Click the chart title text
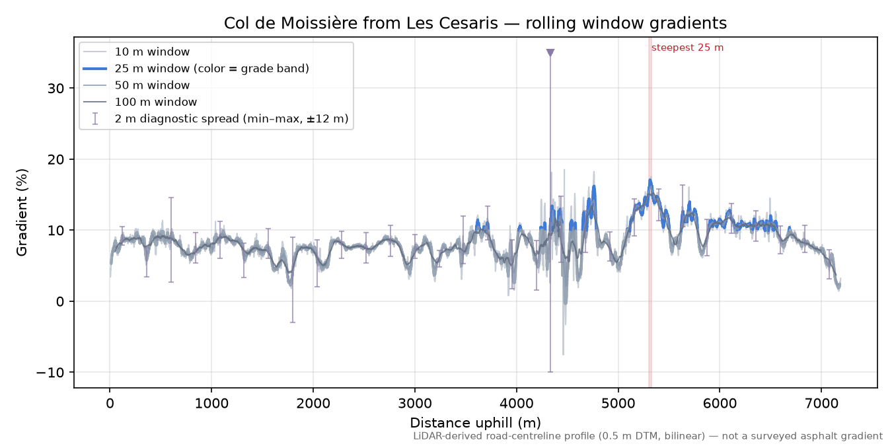(x=475, y=23)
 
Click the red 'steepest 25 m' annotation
(x=687, y=48)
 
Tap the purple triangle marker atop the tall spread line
(x=550, y=53)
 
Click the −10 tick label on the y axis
(x=50, y=373)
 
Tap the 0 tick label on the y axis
(x=60, y=302)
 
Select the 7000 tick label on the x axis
(x=821, y=404)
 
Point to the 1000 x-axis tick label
(x=211, y=404)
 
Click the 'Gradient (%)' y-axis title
(x=22, y=212)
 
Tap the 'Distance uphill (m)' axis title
(x=476, y=423)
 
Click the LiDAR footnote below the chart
(x=648, y=437)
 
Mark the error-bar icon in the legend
(x=94, y=119)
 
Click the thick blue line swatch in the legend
(x=94, y=69)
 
